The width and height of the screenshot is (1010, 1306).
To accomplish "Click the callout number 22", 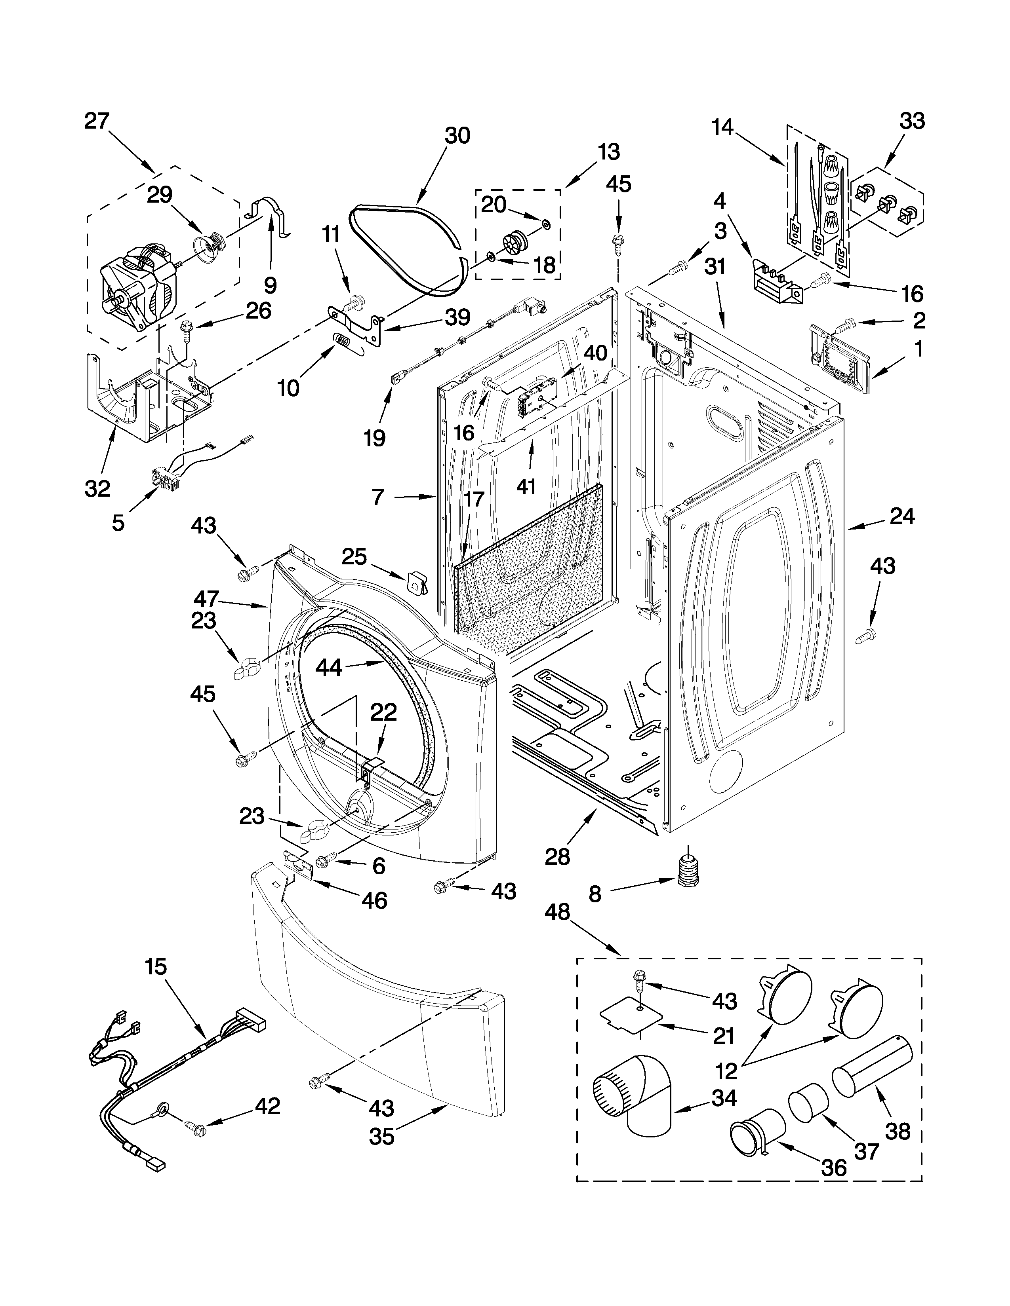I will tap(383, 712).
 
